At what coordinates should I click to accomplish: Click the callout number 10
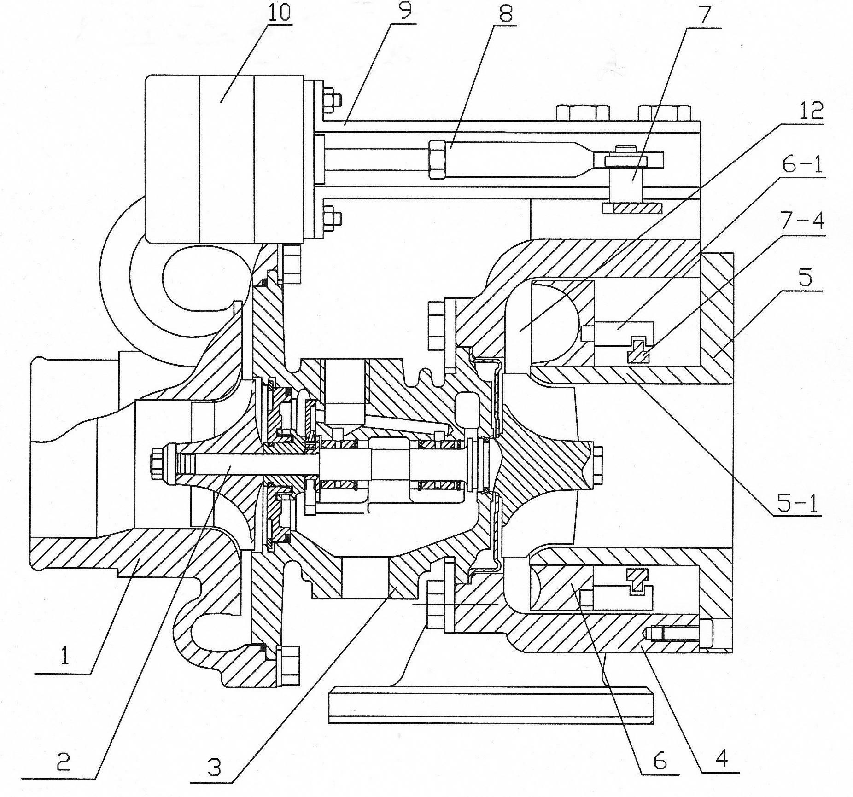pyautogui.click(x=279, y=12)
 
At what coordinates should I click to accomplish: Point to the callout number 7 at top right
pyautogui.click(x=705, y=17)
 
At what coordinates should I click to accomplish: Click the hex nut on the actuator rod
pyautogui.click(x=437, y=159)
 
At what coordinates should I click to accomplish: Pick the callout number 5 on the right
pyautogui.click(x=805, y=278)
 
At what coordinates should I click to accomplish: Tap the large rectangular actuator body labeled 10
pyautogui.click(x=225, y=159)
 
